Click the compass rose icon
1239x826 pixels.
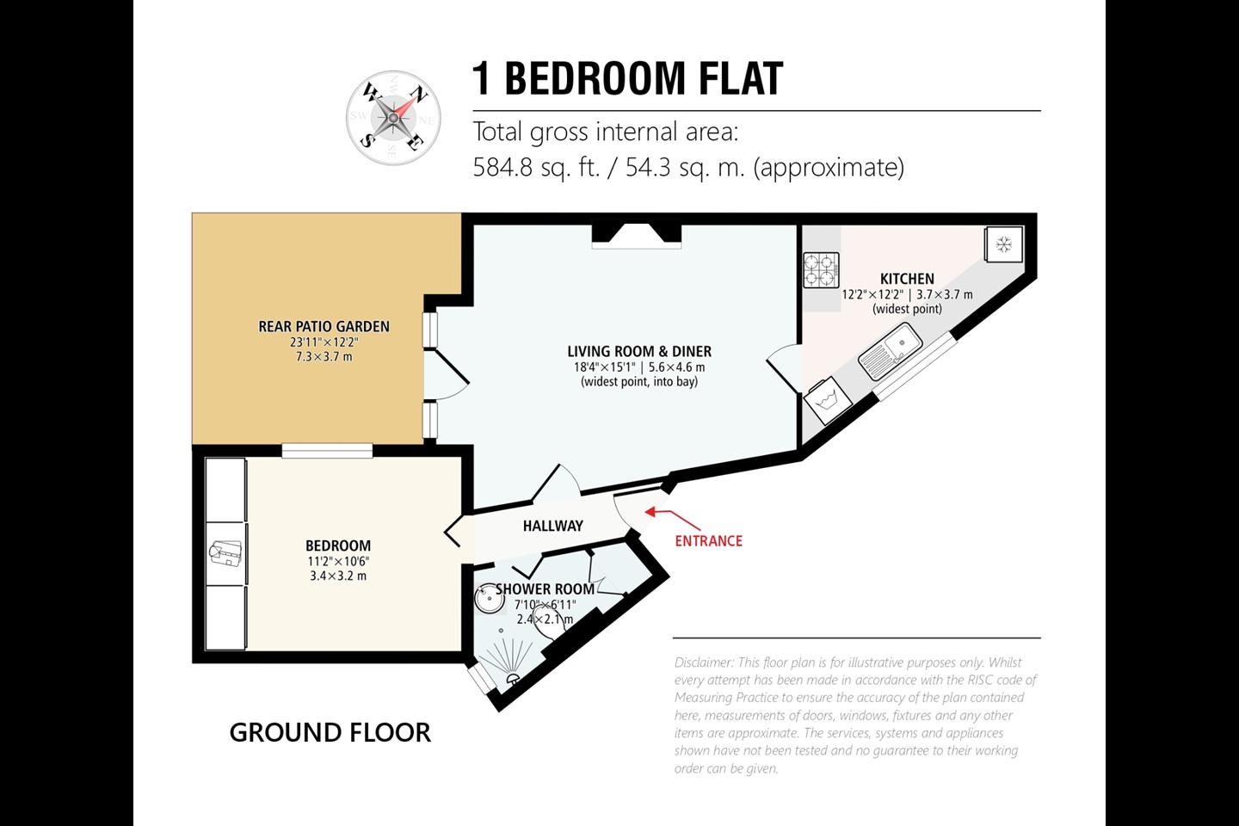[x=393, y=118]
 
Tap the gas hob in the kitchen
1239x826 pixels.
[x=821, y=270]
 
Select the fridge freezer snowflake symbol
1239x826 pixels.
[x=1003, y=244]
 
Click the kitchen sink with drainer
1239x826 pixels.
[x=890, y=351]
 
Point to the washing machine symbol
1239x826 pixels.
[x=828, y=401]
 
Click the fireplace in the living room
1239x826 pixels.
[x=636, y=234]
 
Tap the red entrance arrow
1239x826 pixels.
[x=673, y=519]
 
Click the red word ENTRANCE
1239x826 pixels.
[x=709, y=541]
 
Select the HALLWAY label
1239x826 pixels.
[x=553, y=526]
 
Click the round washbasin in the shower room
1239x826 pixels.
[x=489, y=598]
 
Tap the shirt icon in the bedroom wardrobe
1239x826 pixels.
[x=225, y=553]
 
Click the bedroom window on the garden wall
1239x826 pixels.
[x=327, y=450]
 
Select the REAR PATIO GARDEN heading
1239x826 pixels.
[x=324, y=326]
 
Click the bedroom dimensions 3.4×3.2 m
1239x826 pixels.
[x=338, y=576]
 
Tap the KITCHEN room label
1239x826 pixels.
[x=907, y=279]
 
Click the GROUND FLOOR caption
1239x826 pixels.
[x=330, y=732]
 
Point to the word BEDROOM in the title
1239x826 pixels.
[x=595, y=78]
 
